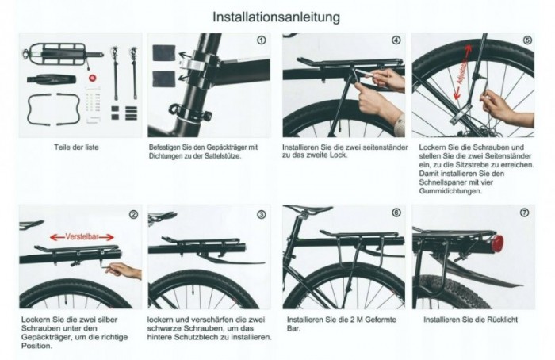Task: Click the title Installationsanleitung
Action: (x=277, y=16)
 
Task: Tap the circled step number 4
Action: (x=396, y=40)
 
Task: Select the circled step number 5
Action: (x=527, y=40)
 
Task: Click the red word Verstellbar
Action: (x=82, y=236)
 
